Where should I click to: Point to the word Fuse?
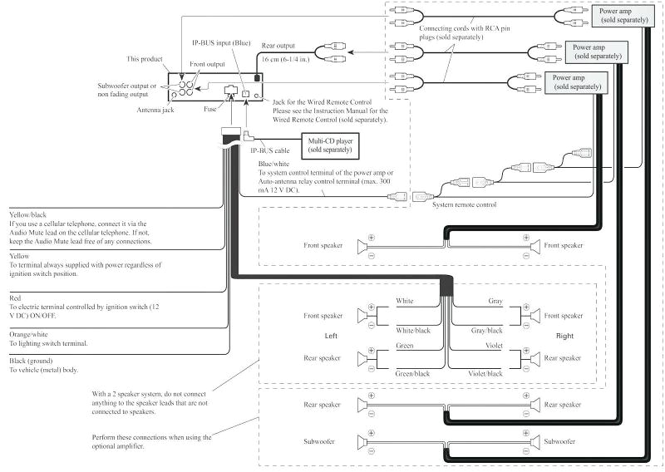[211, 107]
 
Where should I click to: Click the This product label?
[144, 59]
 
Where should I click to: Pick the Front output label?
[208, 64]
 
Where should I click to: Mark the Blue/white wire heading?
[275, 164]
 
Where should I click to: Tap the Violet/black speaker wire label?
[485, 373]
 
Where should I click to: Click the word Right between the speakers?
[565, 337]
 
